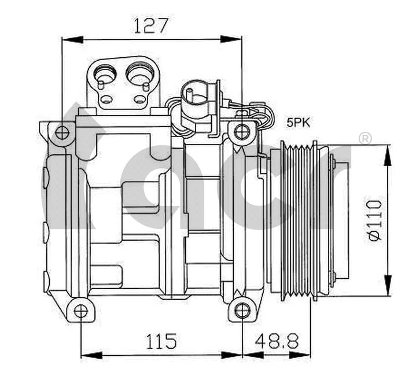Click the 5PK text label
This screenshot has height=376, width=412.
pyautogui.click(x=299, y=123)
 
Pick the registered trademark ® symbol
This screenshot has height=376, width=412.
pyautogui.click(x=365, y=138)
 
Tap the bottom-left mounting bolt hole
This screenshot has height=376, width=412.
pyautogui.click(x=81, y=311)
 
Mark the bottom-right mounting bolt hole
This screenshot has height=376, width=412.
pyautogui.click(x=242, y=311)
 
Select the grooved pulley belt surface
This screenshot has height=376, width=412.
pyautogui.click(x=296, y=220)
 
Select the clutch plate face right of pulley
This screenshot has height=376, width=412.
pyautogui.click(x=339, y=220)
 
